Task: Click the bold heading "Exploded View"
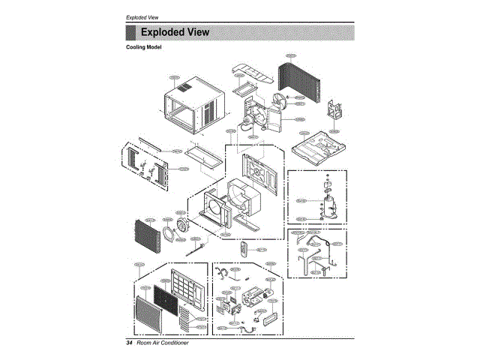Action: (175, 32)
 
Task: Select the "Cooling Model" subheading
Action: (143, 47)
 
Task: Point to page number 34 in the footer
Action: (130, 343)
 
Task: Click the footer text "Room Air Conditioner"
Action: (163, 343)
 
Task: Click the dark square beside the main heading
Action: (130, 32)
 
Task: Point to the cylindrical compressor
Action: (328, 202)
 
